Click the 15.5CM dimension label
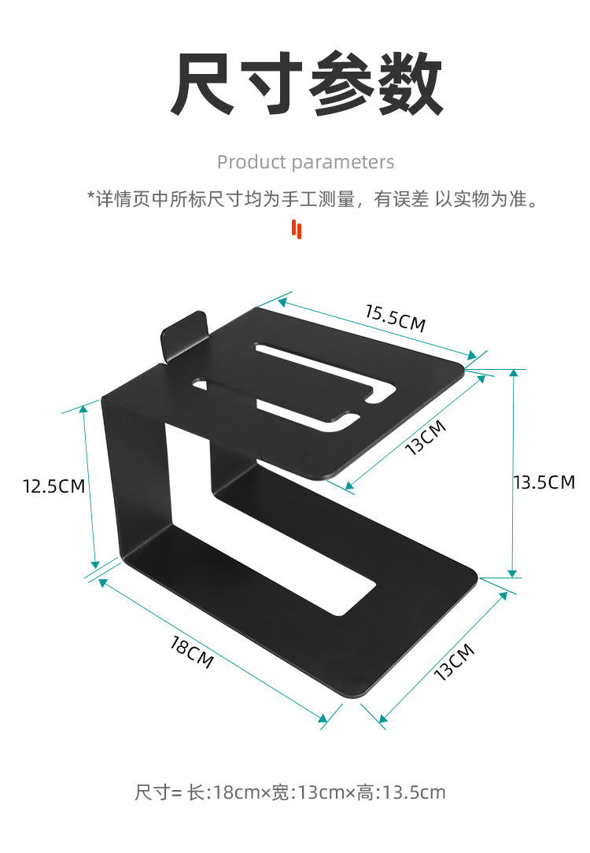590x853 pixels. coord(395,316)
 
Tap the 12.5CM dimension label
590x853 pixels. coord(53,486)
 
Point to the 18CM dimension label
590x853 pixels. coord(192,652)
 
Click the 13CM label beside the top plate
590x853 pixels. coord(426,438)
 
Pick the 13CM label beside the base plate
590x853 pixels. coord(454,662)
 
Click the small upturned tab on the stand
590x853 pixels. coord(182,334)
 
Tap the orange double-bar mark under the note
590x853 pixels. coord(297,229)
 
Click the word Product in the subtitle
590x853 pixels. coord(250,162)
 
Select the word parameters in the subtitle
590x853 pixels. coord(343,162)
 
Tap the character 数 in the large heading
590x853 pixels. coord(408,84)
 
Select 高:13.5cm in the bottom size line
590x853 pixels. coord(401,792)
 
